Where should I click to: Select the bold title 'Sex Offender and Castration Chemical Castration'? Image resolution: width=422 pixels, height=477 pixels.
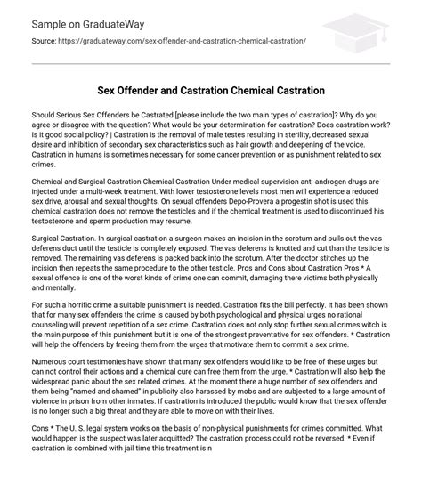(x=211, y=91)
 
